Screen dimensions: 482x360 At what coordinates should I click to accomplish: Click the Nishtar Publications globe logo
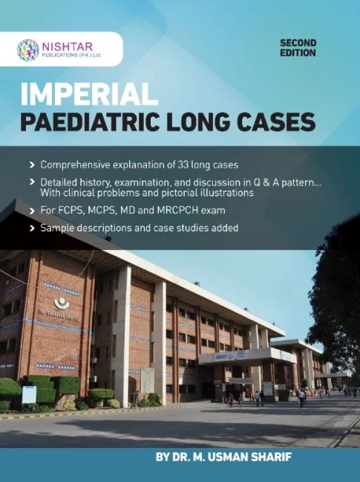click(x=28, y=50)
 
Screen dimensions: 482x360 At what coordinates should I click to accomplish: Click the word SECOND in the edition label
click(x=298, y=44)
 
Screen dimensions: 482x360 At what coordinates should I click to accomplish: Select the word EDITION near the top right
click(x=298, y=53)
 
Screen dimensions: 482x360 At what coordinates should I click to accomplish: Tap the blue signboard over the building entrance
click(x=226, y=357)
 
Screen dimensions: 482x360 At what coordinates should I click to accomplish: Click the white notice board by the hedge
click(x=28, y=394)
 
